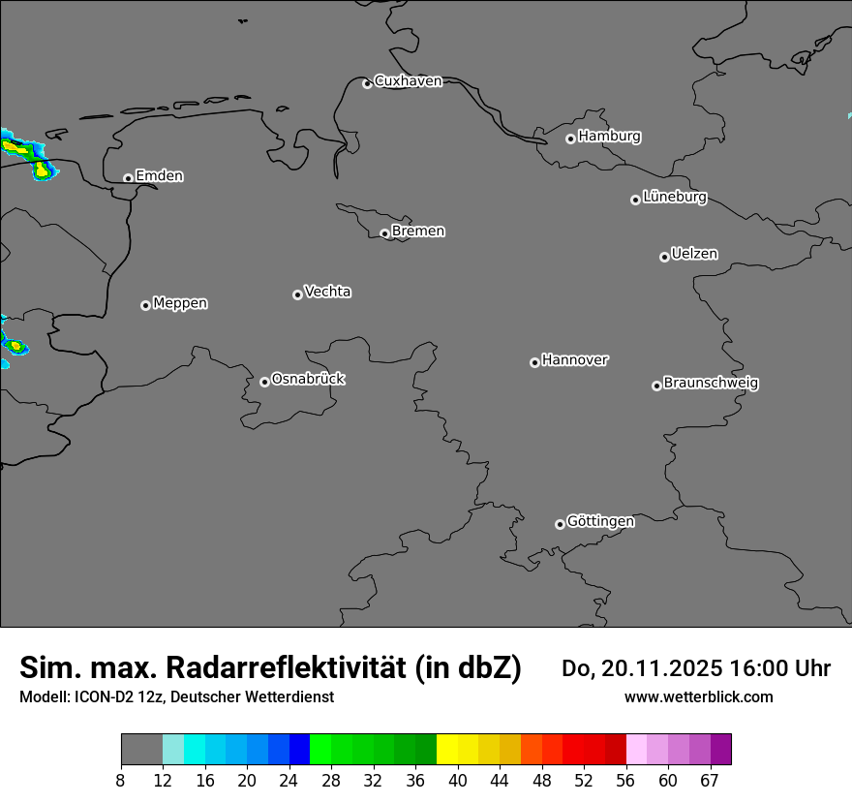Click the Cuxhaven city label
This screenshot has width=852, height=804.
click(408, 81)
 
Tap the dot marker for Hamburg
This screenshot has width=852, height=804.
click(570, 139)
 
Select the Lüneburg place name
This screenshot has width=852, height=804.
click(674, 198)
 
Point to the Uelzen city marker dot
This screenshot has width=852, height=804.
click(664, 257)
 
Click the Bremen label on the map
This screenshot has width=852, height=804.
click(418, 232)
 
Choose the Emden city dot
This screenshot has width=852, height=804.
click(128, 178)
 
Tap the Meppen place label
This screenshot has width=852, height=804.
click(180, 303)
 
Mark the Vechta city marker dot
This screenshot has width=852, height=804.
click(297, 294)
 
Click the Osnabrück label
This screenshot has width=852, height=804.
click(308, 379)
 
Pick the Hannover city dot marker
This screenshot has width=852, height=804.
click(534, 362)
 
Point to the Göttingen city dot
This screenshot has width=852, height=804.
click(560, 524)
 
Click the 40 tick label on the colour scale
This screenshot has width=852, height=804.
click(458, 781)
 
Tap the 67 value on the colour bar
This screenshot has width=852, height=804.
click(710, 781)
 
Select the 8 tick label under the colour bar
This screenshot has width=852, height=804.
click(121, 781)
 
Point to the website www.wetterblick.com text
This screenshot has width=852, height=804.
click(698, 697)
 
